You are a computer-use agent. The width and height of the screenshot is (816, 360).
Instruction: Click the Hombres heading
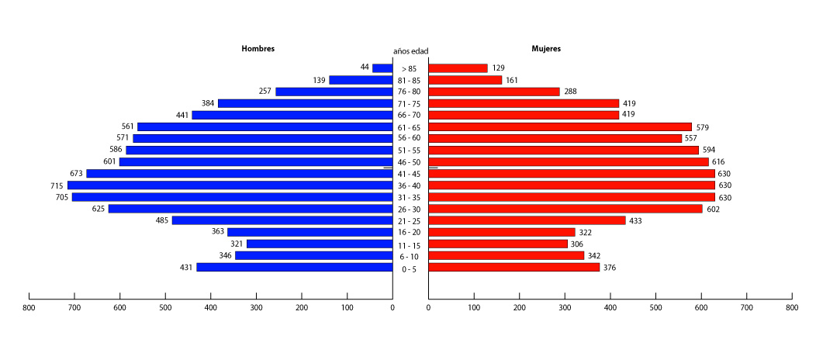tap(258, 49)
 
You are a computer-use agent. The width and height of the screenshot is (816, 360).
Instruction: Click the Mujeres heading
tap(546, 49)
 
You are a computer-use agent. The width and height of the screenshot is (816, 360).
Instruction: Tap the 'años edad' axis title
tap(410, 51)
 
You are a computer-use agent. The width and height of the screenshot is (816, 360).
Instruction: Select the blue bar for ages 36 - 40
tap(230, 185)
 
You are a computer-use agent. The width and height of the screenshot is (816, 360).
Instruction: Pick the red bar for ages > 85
tap(458, 68)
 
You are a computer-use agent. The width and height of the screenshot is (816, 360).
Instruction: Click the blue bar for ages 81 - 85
tap(361, 80)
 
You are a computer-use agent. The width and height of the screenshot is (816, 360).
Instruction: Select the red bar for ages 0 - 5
tap(514, 268)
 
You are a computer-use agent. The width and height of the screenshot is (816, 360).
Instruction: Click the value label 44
tap(365, 67)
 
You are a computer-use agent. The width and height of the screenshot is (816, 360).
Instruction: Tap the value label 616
tap(718, 162)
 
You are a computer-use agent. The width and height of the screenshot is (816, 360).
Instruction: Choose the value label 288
tap(571, 92)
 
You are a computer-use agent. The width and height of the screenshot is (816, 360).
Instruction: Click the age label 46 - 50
tap(410, 162)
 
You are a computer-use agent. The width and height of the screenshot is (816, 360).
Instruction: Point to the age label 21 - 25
tap(410, 221)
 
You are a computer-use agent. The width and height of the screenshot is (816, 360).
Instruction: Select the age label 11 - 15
tap(410, 244)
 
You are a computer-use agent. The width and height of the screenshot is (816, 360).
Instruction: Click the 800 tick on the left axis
tap(29, 308)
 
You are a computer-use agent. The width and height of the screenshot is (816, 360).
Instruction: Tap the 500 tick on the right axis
tap(655, 308)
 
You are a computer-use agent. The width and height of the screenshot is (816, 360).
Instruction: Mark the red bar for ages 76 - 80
tap(494, 92)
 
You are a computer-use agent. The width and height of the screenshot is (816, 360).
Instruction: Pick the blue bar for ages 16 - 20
tap(309, 232)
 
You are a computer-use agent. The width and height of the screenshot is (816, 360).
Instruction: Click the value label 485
tap(162, 220)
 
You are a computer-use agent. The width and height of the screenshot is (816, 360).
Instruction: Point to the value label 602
tap(712, 209)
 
